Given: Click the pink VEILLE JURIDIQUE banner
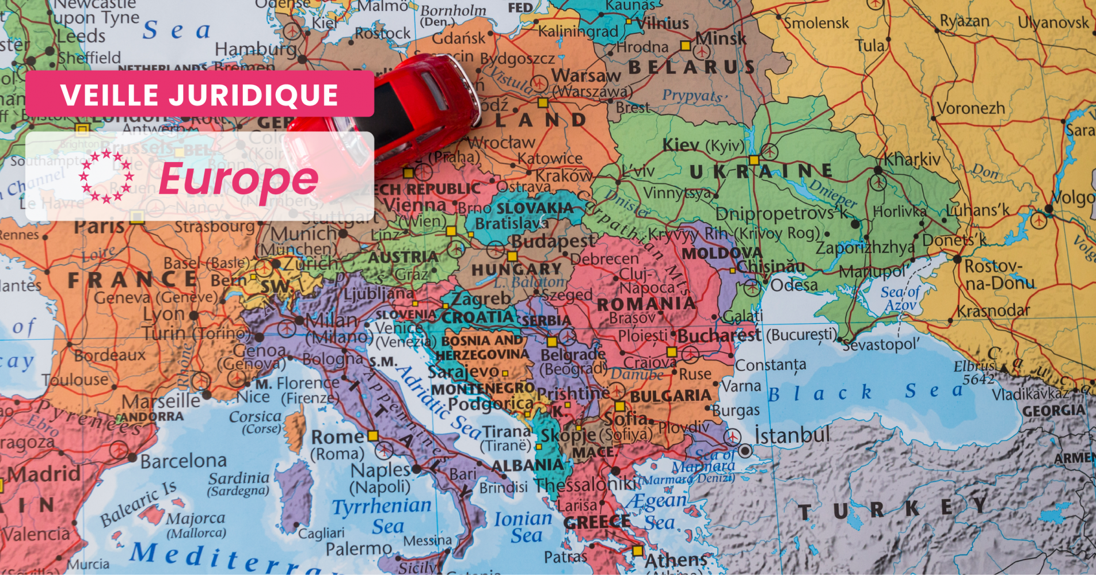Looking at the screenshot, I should [x=199, y=94].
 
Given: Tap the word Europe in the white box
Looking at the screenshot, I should [x=238, y=179].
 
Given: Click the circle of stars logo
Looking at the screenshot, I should [x=106, y=177].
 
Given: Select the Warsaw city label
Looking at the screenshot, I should [x=586, y=75].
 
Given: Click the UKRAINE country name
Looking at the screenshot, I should [x=761, y=171].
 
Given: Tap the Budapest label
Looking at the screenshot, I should [x=553, y=241].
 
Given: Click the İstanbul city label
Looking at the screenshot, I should [x=792, y=435].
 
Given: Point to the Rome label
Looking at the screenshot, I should [x=337, y=437].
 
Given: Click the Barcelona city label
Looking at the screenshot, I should [x=184, y=461].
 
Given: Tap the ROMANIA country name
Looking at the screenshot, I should [x=646, y=303].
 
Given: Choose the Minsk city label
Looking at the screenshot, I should [x=721, y=39].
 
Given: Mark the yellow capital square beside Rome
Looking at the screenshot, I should [x=373, y=436].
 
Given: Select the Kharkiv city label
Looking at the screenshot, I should [x=912, y=159].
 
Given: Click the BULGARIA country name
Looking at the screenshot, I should [x=671, y=396].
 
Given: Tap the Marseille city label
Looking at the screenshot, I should [x=161, y=400].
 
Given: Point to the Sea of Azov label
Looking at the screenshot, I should [x=901, y=298].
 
